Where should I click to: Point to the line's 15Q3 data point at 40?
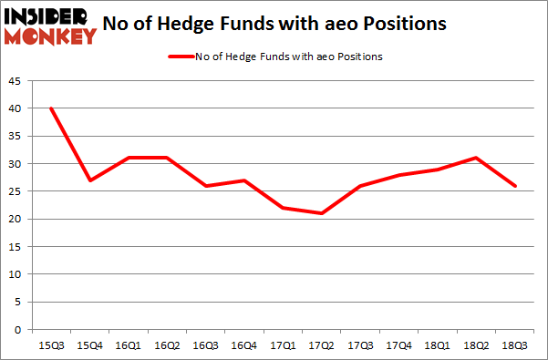pos(50,108)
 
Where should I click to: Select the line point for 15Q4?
pos(89,180)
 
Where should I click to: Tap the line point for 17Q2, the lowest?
pos(322,213)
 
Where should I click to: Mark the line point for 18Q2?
pos(477,158)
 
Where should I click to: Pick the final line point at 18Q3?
pos(516,186)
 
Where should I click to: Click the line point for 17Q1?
pos(284,208)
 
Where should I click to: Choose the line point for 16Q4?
pos(244,180)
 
